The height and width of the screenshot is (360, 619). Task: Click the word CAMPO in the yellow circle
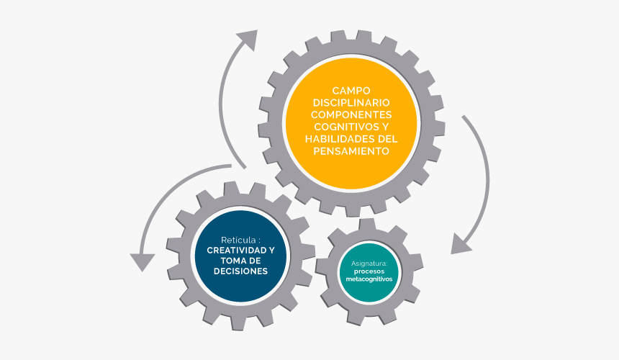pos(351,91)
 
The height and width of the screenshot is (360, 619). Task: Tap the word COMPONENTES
pos(351,115)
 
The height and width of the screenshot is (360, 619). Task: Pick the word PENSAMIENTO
pos(351,151)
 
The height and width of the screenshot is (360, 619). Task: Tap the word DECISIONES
pos(241,271)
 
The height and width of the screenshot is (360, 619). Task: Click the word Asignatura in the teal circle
pos(369,264)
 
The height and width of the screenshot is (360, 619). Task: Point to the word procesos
pos(369,271)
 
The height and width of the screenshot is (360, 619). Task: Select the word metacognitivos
pos(369,279)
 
